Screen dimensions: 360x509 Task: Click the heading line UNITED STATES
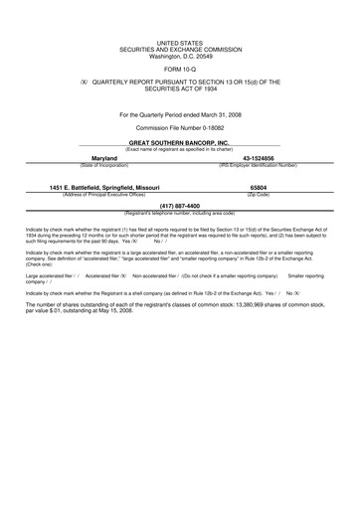[x=179, y=45]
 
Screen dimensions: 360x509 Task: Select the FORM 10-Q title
[x=179, y=71]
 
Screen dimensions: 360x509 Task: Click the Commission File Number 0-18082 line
[x=179, y=129]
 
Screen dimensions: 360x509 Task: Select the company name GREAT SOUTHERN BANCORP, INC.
[x=179, y=143]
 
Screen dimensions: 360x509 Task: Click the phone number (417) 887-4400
[x=179, y=207]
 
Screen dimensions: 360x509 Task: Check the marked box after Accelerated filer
[x=124, y=274]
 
